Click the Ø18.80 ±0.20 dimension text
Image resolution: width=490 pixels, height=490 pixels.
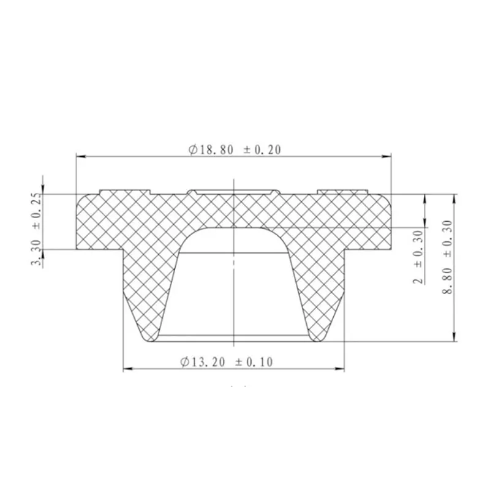coord(235,149)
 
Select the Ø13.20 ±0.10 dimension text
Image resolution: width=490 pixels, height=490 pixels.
coord(227,362)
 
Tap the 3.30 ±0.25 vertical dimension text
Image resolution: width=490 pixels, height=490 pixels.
coord(36,229)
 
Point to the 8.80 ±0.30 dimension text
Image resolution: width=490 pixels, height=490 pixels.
coord(447,257)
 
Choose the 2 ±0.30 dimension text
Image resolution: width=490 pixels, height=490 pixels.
coord(419,257)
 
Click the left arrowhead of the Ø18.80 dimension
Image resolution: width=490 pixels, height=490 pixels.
coord(81,156)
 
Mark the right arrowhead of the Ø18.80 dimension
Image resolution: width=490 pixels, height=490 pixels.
coord(386,156)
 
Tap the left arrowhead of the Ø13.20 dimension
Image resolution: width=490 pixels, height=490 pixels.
coord(128,369)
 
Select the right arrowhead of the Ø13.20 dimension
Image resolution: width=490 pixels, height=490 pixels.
coord(339,369)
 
